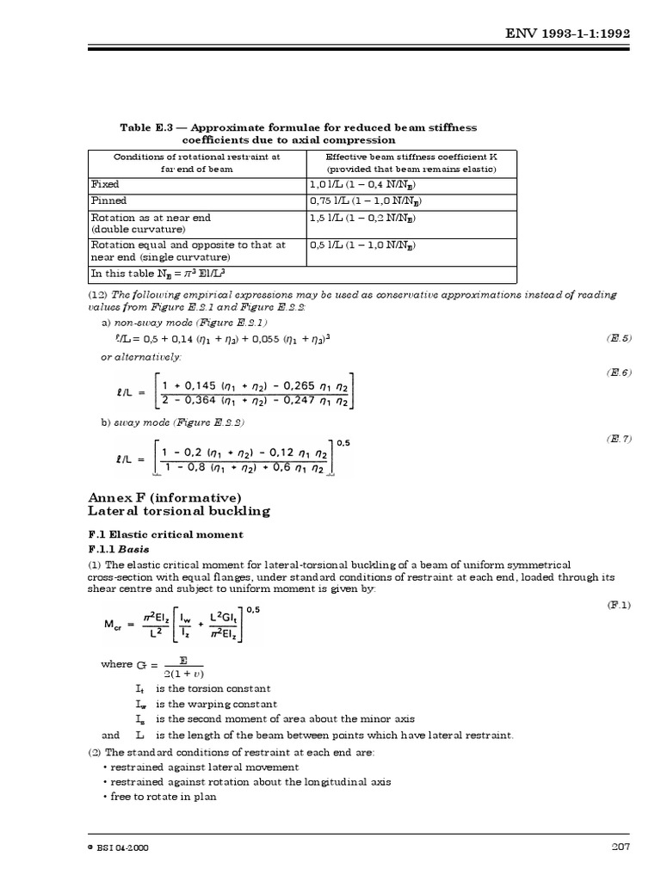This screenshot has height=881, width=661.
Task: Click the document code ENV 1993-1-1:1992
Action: (580, 32)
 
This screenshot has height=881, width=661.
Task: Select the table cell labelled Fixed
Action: (105, 184)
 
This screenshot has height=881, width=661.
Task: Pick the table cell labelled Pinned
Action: (108, 200)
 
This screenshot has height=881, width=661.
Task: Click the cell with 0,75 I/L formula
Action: (365, 200)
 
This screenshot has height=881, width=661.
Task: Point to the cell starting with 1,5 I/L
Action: (364, 218)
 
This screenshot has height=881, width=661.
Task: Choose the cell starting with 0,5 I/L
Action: (364, 245)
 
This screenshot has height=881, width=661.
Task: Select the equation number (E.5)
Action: (619, 338)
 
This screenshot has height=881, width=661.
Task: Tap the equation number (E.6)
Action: (619, 372)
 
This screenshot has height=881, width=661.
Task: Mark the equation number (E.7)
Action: (619, 439)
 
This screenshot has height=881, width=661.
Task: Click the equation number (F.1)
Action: (619, 605)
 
